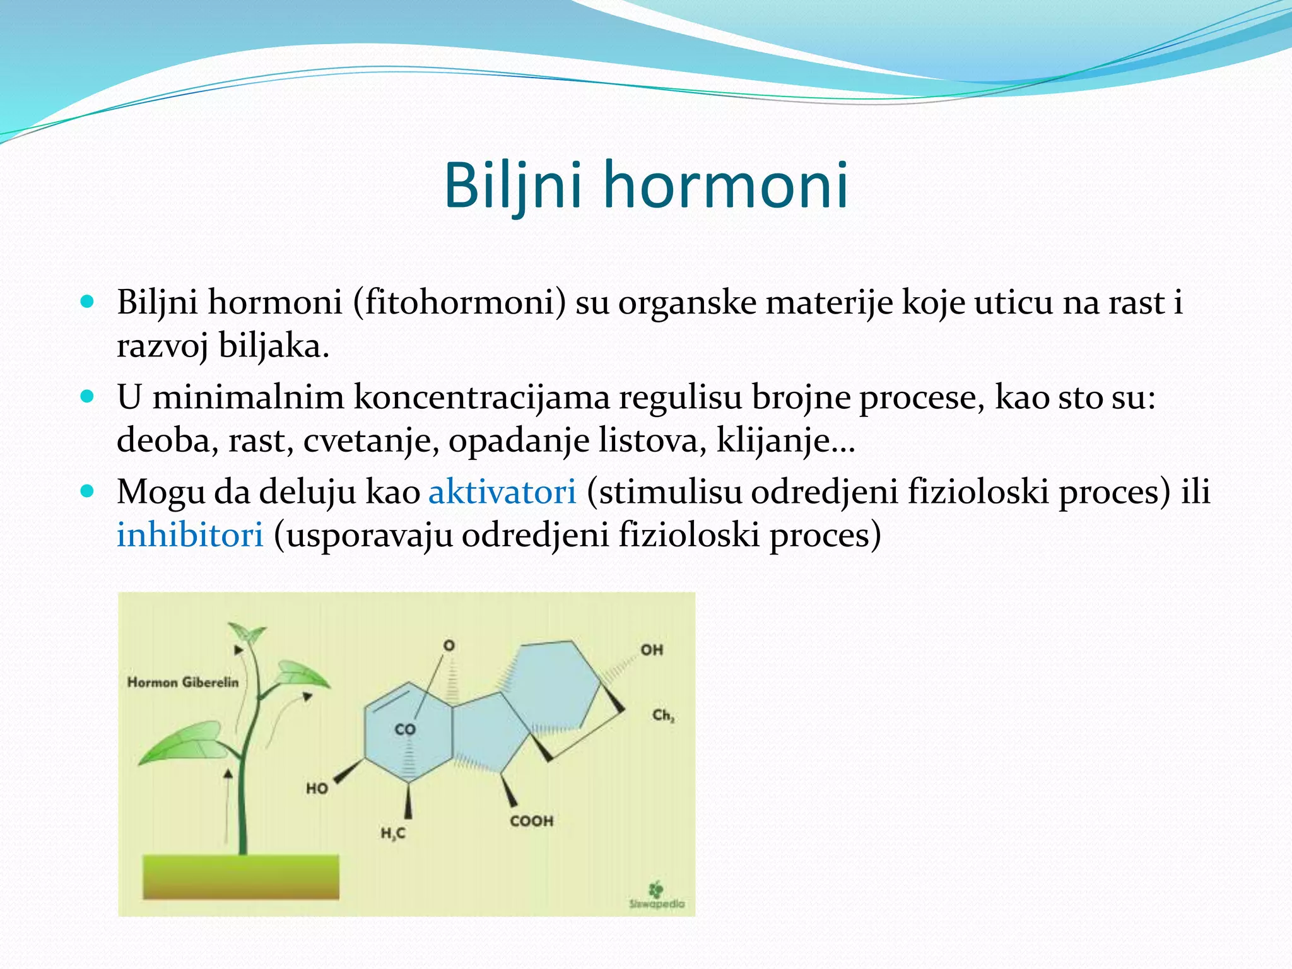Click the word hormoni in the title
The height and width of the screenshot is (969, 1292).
click(725, 185)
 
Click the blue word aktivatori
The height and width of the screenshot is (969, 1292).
click(502, 491)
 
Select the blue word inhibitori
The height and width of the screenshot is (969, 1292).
click(190, 535)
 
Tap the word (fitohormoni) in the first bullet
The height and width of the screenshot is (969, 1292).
click(459, 302)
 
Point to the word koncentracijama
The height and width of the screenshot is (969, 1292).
click(481, 397)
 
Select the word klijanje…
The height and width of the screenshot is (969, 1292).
click(785, 440)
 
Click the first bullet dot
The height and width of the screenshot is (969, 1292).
click(88, 302)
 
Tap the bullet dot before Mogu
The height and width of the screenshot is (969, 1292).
click(88, 491)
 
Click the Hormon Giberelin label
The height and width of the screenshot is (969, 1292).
click(183, 682)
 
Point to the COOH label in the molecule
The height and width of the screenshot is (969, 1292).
click(532, 821)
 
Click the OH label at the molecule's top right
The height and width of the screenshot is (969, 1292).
click(652, 650)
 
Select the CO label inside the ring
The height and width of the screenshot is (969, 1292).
click(405, 729)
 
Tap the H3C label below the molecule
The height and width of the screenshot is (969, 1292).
click(393, 833)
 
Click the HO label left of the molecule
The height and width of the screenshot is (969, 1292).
click(317, 788)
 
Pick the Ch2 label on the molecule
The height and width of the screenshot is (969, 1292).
click(663, 715)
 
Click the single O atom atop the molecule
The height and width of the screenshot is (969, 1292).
click(449, 645)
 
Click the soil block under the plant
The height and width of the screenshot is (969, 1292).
click(240, 876)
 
